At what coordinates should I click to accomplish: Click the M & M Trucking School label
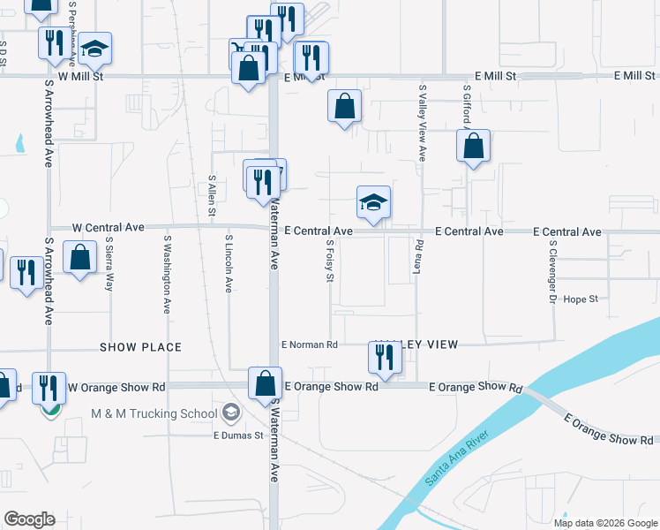[x=154, y=413]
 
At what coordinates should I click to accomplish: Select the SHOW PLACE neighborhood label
[x=140, y=347]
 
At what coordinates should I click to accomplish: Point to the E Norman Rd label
[x=309, y=344]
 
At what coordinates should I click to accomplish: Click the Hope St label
[x=581, y=299]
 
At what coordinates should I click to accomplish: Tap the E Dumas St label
[x=238, y=435]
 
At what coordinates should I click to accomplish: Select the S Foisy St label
[x=330, y=261]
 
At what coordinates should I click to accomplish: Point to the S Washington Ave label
[x=167, y=274]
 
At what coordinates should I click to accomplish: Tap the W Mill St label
[x=81, y=77]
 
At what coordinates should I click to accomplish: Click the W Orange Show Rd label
[x=116, y=387]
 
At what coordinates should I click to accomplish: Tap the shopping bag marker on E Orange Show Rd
[x=265, y=384]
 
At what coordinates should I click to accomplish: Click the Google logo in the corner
[x=29, y=519]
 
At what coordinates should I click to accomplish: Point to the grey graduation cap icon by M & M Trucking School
[x=230, y=412]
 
